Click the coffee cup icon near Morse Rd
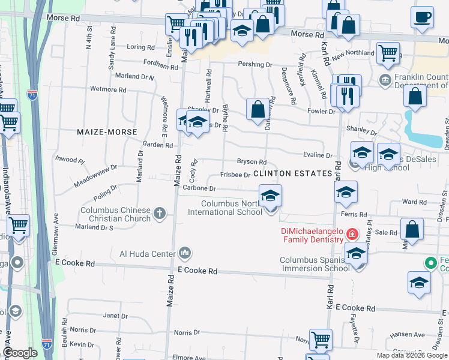(x=422, y=16)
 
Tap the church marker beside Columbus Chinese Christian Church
(x=160, y=213)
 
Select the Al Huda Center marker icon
(x=185, y=253)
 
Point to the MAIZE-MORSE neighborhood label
(x=106, y=131)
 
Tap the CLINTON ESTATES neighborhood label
(x=292, y=173)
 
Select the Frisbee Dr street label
(x=235, y=175)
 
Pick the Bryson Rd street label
(x=252, y=162)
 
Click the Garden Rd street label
(x=157, y=145)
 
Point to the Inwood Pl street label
(x=70, y=160)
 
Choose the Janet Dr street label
(x=116, y=316)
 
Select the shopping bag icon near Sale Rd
(x=412, y=229)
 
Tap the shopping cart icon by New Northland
(x=388, y=53)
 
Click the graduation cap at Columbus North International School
(x=270, y=195)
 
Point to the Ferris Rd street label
(x=354, y=214)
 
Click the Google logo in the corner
(x=19, y=353)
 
